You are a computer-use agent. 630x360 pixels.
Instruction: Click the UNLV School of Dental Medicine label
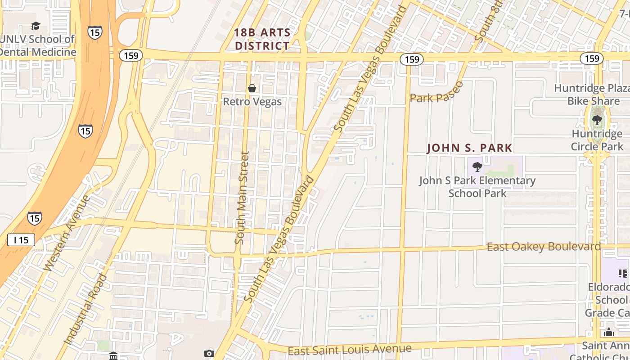click(38, 45)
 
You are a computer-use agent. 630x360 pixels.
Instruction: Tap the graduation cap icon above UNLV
click(36, 26)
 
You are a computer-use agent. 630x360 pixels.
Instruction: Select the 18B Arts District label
click(262, 39)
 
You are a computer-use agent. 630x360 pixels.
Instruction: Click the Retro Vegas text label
click(252, 102)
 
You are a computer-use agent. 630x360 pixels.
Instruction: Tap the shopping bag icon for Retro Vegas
click(252, 88)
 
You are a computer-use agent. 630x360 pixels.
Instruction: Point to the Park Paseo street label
click(436, 93)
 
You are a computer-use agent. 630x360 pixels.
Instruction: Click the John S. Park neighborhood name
click(469, 148)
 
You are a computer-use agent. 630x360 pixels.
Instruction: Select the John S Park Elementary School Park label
click(477, 187)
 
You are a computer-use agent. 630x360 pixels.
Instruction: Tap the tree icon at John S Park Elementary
click(477, 167)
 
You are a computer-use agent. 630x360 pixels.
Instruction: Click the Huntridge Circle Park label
click(597, 140)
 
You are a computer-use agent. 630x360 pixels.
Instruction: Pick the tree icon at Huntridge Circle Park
click(597, 120)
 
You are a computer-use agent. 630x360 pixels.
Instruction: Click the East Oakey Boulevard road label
click(544, 247)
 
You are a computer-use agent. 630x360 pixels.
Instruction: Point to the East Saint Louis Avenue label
click(349, 349)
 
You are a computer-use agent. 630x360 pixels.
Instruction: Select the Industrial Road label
click(86, 309)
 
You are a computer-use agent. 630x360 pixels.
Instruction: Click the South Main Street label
click(242, 198)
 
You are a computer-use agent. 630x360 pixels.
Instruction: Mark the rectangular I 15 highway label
click(21, 240)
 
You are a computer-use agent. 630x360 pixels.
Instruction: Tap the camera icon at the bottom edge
click(209, 354)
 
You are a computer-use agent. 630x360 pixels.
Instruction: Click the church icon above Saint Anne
click(609, 333)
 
